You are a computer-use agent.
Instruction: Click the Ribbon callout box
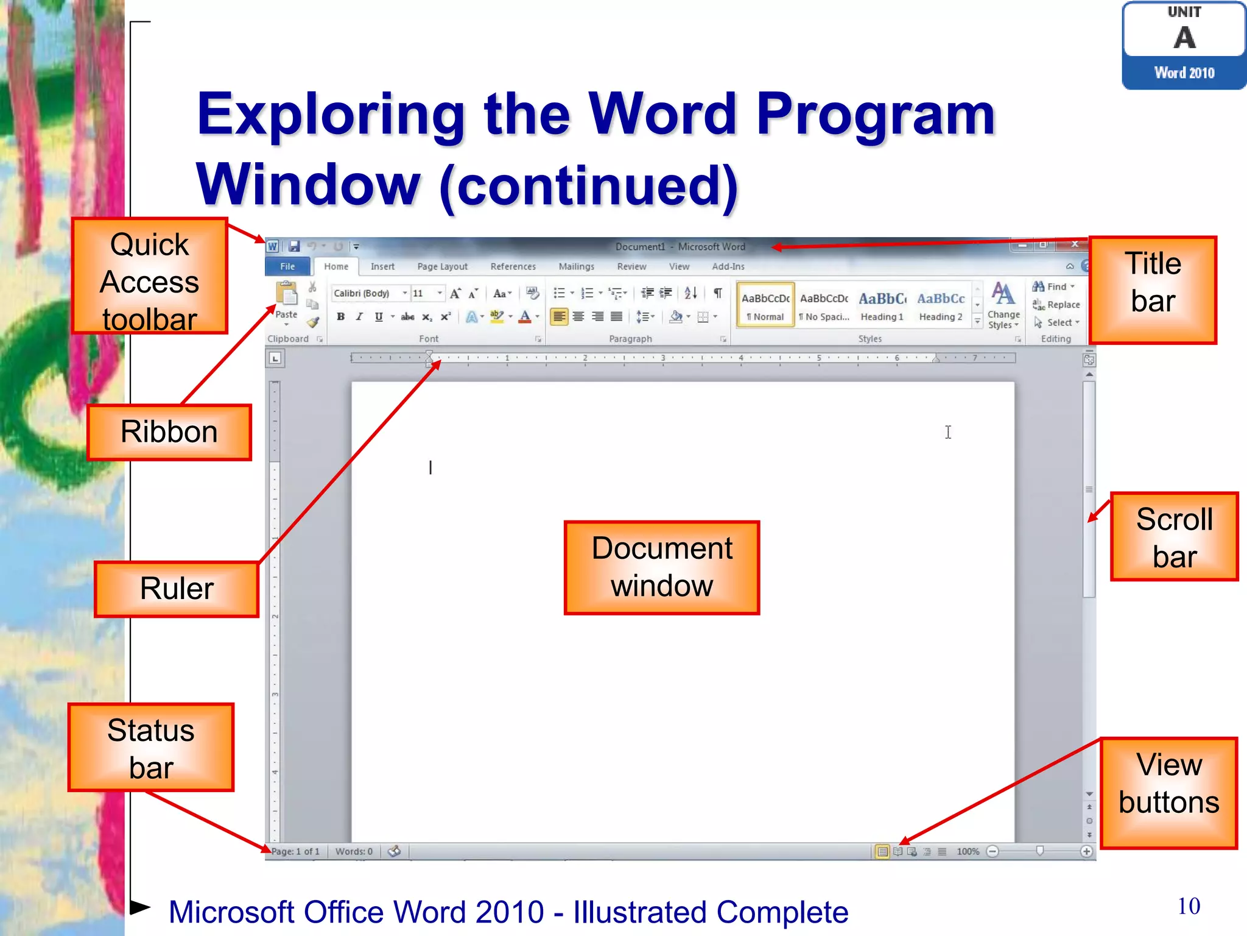tap(169, 432)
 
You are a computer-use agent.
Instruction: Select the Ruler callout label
tap(177, 589)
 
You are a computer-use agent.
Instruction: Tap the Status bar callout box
tap(151, 748)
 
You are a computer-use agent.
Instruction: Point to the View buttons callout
tap(1169, 793)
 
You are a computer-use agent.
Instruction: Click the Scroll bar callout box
tap(1175, 537)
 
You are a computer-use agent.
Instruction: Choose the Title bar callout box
tap(1153, 290)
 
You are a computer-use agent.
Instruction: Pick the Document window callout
tap(662, 567)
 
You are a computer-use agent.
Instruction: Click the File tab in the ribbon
tap(287, 267)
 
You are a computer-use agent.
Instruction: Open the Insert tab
tap(382, 267)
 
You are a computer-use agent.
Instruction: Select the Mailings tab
tap(576, 267)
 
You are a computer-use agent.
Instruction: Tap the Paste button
tap(286, 302)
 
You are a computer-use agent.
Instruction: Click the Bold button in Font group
tap(341, 317)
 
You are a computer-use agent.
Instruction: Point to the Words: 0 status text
tap(354, 851)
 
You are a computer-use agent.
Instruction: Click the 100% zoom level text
tap(968, 851)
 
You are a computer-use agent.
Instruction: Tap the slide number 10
tap(1189, 906)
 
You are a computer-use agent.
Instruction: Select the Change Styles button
tap(1003, 307)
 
